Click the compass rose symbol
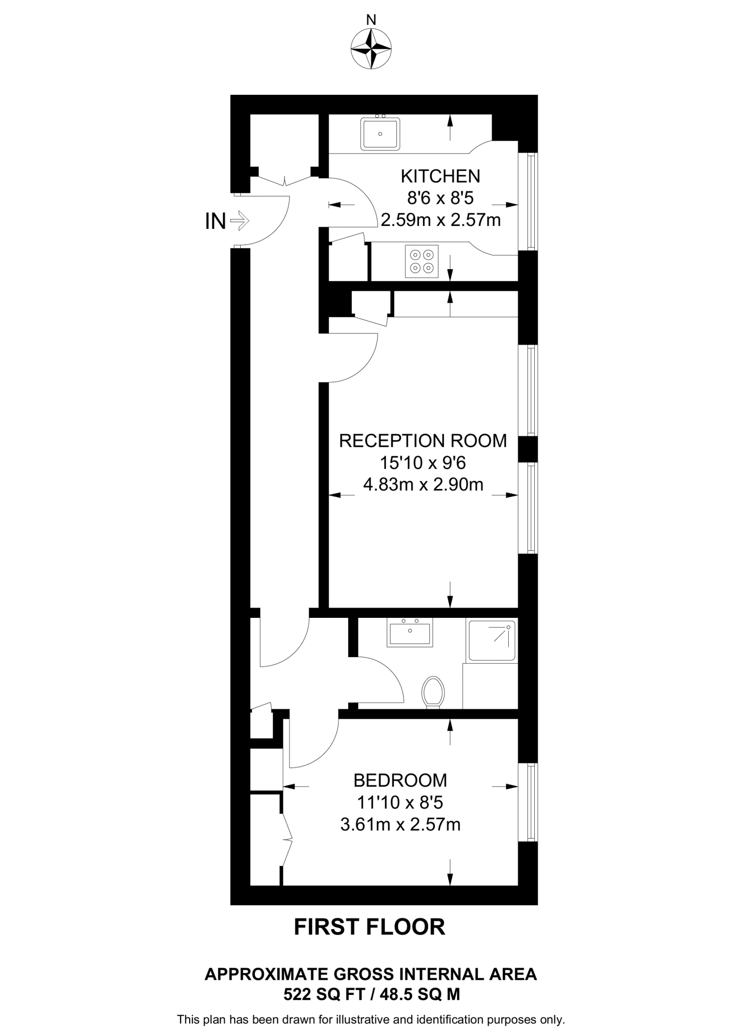click(371, 49)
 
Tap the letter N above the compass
click(371, 20)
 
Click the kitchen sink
click(380, 134)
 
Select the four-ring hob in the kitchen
click(421, 261)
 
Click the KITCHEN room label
click(440, 176)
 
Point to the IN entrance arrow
click(240, 220)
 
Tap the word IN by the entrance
click(215, 221)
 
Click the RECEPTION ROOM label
click(423, 441)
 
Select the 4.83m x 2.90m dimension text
click(423, 484)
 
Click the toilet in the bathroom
click(433, 692)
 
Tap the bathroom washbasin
click(410, 633)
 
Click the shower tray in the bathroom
click(492, 640)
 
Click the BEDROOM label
click(400, 781)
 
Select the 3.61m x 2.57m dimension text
click(400, 824)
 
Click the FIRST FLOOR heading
click(370, 927)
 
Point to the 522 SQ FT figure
click(324, 994)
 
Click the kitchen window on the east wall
click(528, 201)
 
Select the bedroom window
click(528, 801)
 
